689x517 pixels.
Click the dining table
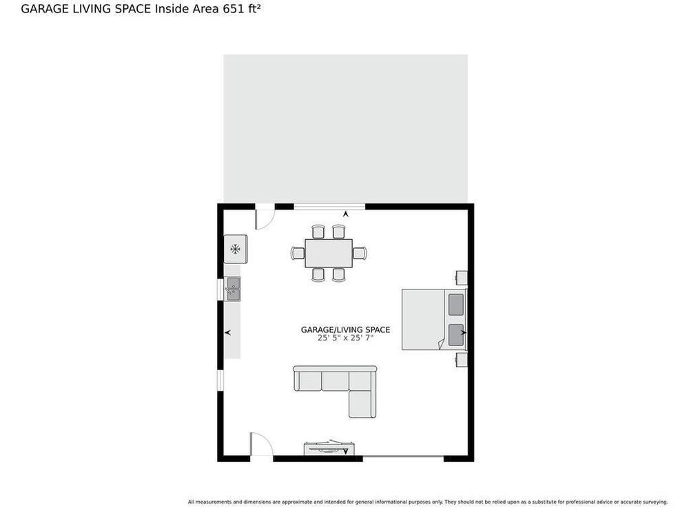point(329,253)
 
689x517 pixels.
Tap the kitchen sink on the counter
point(232,289)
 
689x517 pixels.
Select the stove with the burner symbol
point(236,250)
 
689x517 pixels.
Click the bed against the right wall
point(434,320)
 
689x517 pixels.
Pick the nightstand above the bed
point(461,278)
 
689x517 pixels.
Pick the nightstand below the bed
point(461,360)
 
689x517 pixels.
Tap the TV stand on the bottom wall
point(329,449)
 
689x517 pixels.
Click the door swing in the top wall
point(265,219)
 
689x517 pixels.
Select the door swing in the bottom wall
point(261,444)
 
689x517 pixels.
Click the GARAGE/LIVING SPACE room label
point(345,330)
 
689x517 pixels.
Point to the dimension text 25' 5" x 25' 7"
point(345,338)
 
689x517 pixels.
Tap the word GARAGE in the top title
point(45,9)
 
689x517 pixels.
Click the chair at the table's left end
point(298,253)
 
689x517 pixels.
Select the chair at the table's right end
point(360,253)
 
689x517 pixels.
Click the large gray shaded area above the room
point(345,129)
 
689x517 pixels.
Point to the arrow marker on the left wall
point(227,333)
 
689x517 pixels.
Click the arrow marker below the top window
point(346,214)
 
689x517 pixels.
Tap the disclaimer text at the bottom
point(428,502)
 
